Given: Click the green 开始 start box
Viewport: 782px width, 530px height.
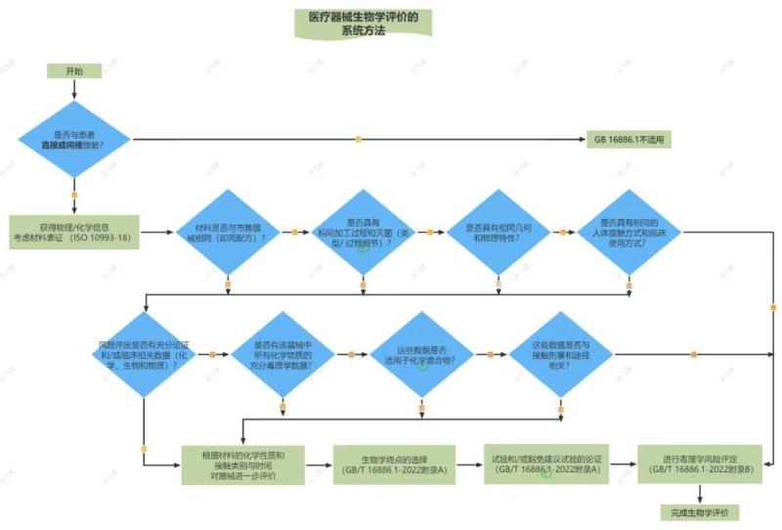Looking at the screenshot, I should [74, 71].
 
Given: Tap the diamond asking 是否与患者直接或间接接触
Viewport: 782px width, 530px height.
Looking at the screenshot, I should [74, 139].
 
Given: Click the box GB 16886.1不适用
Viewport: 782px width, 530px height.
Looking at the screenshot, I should [629, 139].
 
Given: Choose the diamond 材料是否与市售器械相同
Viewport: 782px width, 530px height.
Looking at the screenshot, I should [227, 232].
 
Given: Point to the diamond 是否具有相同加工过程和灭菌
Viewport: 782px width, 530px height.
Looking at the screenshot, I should [363, 232].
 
